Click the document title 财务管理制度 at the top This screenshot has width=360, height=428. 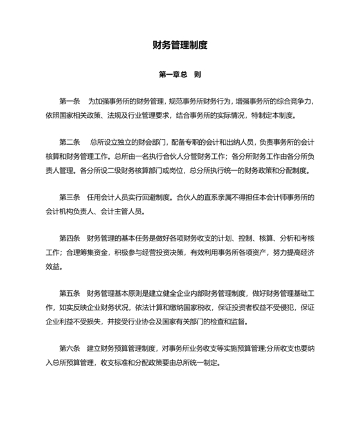[180, 46]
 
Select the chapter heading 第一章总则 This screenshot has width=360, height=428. [180, 75]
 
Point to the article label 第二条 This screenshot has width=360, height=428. [69, 142]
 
